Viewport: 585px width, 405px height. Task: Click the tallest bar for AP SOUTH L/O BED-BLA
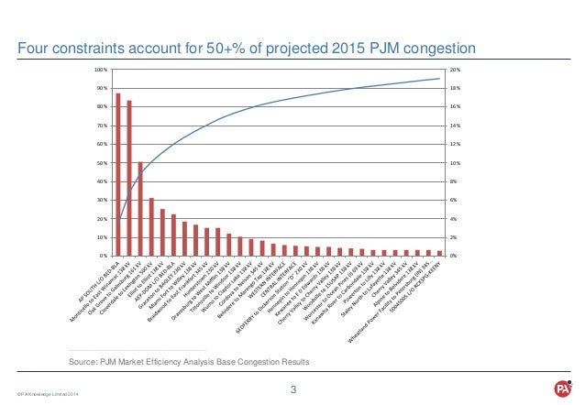118,174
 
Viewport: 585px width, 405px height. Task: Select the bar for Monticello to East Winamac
129,178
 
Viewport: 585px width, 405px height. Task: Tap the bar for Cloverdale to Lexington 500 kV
151,226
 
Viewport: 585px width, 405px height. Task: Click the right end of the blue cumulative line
439,78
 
